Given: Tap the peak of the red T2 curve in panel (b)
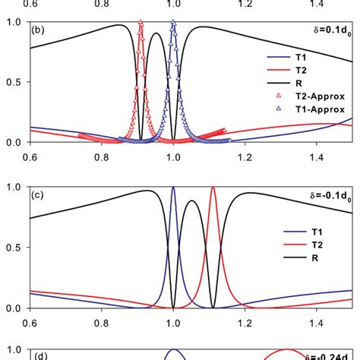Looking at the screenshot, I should tap(141, 23).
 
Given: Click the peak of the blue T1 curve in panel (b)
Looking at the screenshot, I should tap(173, 23).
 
